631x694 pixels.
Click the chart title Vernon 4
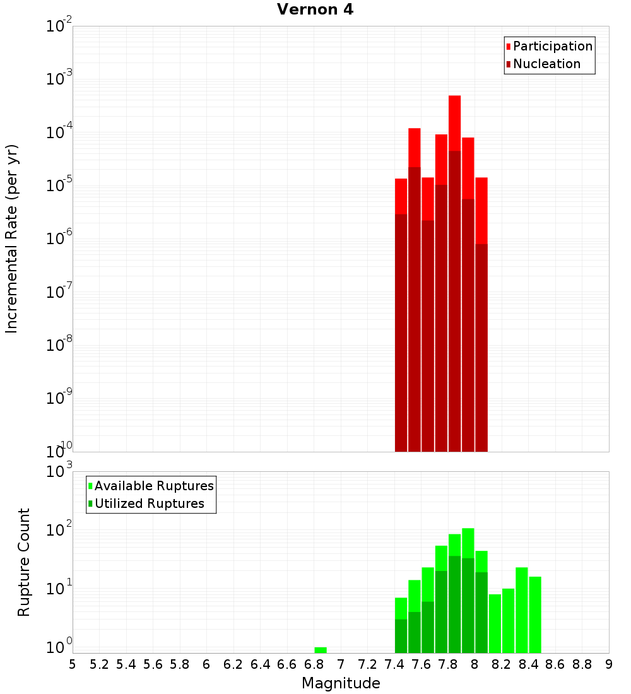click(315, 10)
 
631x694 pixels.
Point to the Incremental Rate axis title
click(12, 238)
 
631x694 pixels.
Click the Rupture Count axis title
click(24, 562)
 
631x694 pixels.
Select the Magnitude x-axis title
click(341, 683)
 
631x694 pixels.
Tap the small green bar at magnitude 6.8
click(321, 650)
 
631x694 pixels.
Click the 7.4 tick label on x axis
click(394, 664)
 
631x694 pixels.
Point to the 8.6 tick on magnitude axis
click(555, 664)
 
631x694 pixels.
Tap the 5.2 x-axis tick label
click(99, 664)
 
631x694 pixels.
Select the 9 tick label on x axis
click(609, 664)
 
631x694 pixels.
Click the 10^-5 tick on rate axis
click(59, 185)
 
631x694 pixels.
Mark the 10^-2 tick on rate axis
click(59, 26)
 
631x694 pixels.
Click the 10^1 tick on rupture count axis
click(59, 589)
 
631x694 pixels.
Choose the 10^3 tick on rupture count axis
click(59, 471)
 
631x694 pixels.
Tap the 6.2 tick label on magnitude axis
click(233, 664)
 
